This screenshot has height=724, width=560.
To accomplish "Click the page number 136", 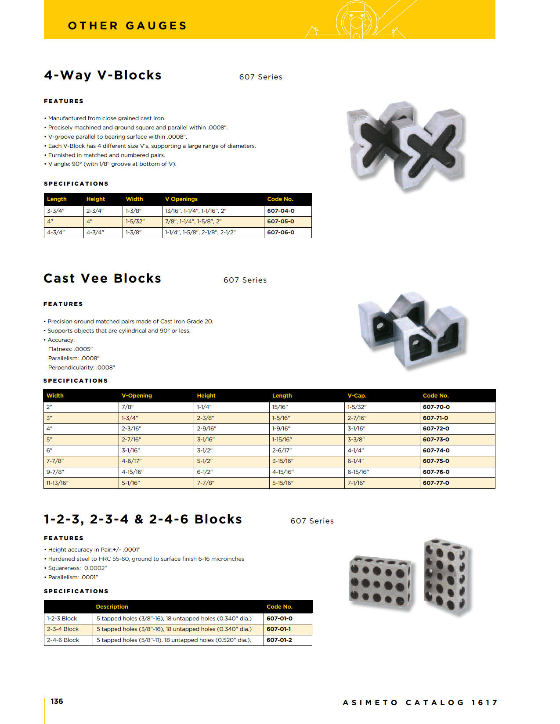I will point(57,701).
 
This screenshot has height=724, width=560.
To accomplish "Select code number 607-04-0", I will point(281,211).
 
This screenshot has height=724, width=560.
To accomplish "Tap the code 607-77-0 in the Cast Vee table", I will point(436,483).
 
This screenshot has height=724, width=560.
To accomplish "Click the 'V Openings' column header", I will point(181,199).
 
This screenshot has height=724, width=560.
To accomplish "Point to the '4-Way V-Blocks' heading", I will point(103,75).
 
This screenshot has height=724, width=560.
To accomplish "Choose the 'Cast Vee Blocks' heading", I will point(102,279).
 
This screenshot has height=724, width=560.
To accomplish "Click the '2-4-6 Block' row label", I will point(63,640).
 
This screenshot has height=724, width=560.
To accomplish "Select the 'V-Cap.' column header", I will point(357,395).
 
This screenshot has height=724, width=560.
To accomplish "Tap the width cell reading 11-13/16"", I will point(58,483).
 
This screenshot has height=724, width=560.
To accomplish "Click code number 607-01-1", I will point(279,629).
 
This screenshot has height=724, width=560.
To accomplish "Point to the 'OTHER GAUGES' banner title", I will point(127,26).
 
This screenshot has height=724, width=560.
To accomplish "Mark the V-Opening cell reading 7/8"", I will point(128,407).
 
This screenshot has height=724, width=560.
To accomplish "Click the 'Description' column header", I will point(112,606).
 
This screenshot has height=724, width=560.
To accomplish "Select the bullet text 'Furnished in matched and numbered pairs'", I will point(106,155).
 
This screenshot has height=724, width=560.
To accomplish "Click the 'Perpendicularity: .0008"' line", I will point(81,367).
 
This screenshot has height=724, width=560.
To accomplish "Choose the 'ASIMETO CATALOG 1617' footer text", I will point(420,702).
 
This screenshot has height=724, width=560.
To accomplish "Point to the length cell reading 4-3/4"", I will point(56,232).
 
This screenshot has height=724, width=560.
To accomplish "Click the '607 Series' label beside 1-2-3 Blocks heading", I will point(312,521).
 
